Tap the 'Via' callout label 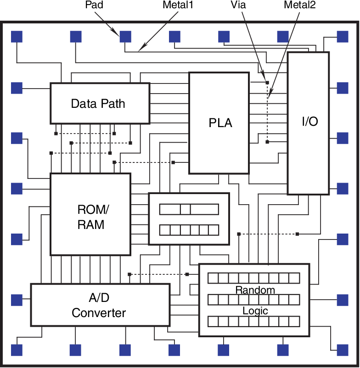239,5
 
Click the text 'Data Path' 98,103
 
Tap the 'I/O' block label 310,122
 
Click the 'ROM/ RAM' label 90,217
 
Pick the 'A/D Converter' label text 99,306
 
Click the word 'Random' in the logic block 255,290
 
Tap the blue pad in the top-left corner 17,36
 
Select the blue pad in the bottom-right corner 343,350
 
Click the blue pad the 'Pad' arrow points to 125,36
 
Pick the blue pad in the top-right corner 343,36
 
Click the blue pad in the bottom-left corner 17,350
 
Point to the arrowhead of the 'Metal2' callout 269,98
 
